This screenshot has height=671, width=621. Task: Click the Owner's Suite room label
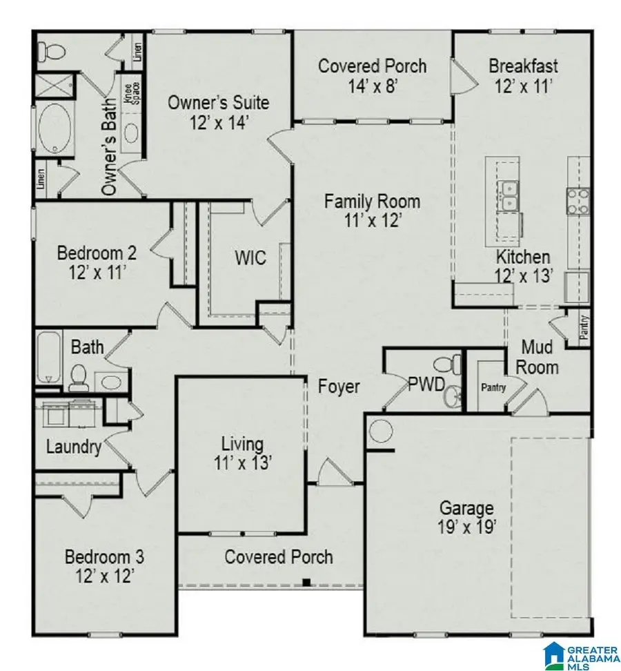click(x=218, y=104)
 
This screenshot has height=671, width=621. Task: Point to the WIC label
click(x=249, y=257)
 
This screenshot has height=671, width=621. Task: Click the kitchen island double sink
click(x=509, y=195)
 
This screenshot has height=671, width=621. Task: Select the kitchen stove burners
click(x=578, y=201)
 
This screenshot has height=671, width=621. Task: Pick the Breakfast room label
click(x=523, y=67)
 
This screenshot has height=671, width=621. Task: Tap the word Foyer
click(x=338, y=387)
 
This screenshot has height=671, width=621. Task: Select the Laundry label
click(x=74, y=447)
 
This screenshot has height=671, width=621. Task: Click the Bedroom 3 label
click(x=104, y=556)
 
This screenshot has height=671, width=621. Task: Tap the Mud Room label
click(x=539, y=356)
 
